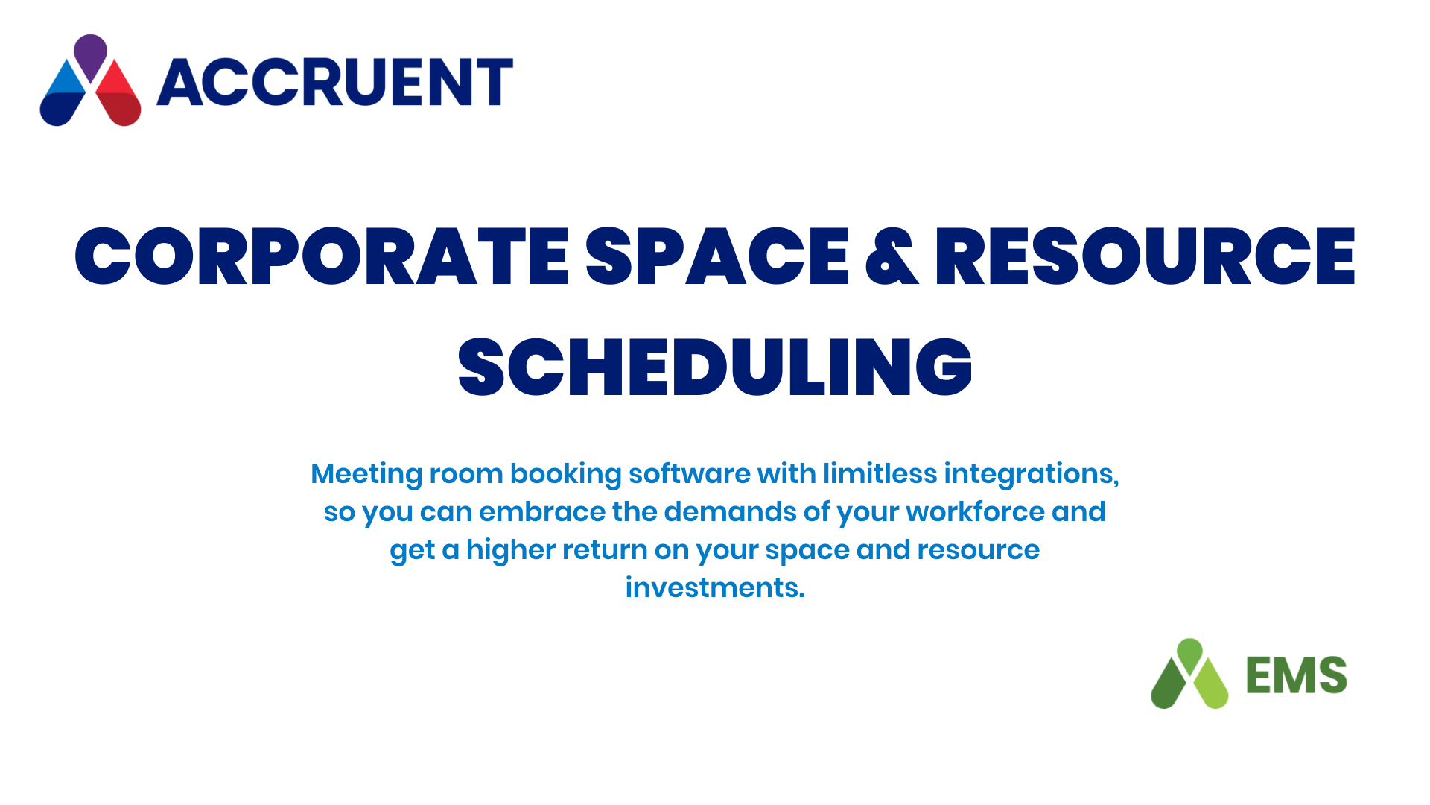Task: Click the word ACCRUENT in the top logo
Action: click(x=334, y=82)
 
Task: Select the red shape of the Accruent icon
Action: click(x=118, y=94)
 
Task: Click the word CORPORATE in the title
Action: click(x=322, y=256)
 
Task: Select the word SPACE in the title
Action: click(x=717, y=256)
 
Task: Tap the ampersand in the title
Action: click(x=892, y=256)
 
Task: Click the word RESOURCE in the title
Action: click(x=1145, y=256)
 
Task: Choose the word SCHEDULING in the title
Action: click(x=715, y=367)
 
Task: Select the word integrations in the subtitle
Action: click(x=1032, y=475)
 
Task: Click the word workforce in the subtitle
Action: click(x=975, y=511)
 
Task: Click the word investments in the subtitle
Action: click(x=715, y=587)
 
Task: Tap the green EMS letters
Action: click(x=1297, y=675)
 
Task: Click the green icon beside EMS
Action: click(x=1189, y=674)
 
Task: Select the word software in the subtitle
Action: click(x=689, y=473)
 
